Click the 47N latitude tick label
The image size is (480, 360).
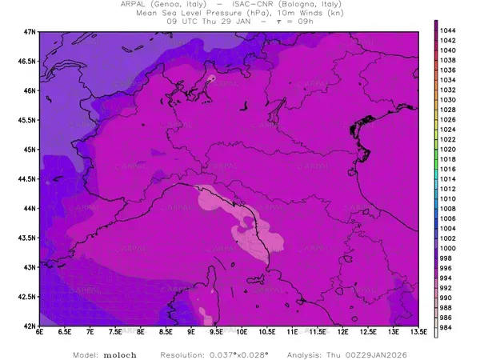pyautogui.click(x=30, y=31)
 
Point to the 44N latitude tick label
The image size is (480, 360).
pyautogui.click(x=30, y=208)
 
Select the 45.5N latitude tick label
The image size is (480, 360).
pyautogui.click(x=28, y=120)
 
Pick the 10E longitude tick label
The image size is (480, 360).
pyautogui.click(x=241, y=332)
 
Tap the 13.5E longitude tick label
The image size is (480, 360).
pyautogui.click(x=417, y=332)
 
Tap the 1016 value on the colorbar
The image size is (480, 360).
pyautogui.click(x=448, y=169)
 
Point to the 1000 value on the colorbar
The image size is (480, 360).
pyautogui.click(x=448, y=248)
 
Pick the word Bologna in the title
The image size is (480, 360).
pyautogui.click(x=308, y=4)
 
